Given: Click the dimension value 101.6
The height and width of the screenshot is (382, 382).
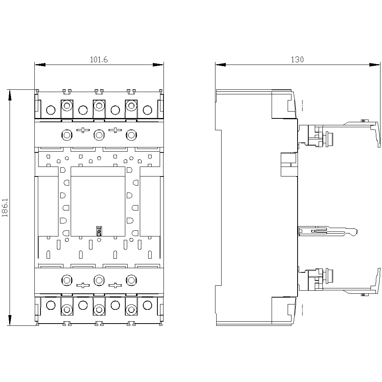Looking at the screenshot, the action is pyautogui.click(x=99, y=60).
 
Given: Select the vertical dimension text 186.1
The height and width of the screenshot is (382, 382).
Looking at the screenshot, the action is pyautogui.click(x=5, y=207).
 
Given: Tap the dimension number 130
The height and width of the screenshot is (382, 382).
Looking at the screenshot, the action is pyautogui.click(x=298, y=60).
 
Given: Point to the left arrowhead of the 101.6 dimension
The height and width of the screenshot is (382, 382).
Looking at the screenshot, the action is pyautogui.click(x=40, y=65).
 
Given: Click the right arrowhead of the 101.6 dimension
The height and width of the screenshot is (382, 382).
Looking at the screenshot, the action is pyautogui.click(x=158, y=65).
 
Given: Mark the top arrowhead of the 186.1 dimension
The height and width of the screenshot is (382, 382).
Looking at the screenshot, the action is pyautogui.click(x=10, y=95).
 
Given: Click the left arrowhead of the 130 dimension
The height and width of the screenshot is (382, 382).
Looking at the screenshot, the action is pyautogui.click(x=220, y=65).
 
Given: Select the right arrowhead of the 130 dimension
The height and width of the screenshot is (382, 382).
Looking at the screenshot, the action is pyautogui.click(x=375, y=65).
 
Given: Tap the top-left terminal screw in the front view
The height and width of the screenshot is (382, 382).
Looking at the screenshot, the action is pyautogui.click(x=67, y=106).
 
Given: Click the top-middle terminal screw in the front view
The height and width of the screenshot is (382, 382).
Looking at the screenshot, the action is pyautogui.click(x=99, y=106).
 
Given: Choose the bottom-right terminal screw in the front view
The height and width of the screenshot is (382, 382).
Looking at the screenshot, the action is pyautogui.click(x=131, y=310).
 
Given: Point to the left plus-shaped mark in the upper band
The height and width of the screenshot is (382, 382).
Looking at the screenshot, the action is pyautogui.click(x=83, y=130).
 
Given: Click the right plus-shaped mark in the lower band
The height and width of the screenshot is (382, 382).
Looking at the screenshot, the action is pyautogui.click(x=115, y=285).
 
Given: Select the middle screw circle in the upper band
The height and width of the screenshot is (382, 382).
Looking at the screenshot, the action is pyautogui.click(x=99, y=135).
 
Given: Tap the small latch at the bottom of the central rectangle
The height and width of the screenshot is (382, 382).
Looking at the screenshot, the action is pyautogui.click(x=99, y=231).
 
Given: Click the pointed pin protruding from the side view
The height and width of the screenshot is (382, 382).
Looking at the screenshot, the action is pyautogui.click(x=328, y=231).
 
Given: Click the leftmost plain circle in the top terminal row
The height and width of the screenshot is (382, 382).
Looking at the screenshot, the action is pyautogui.click(x=51, y=110).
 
